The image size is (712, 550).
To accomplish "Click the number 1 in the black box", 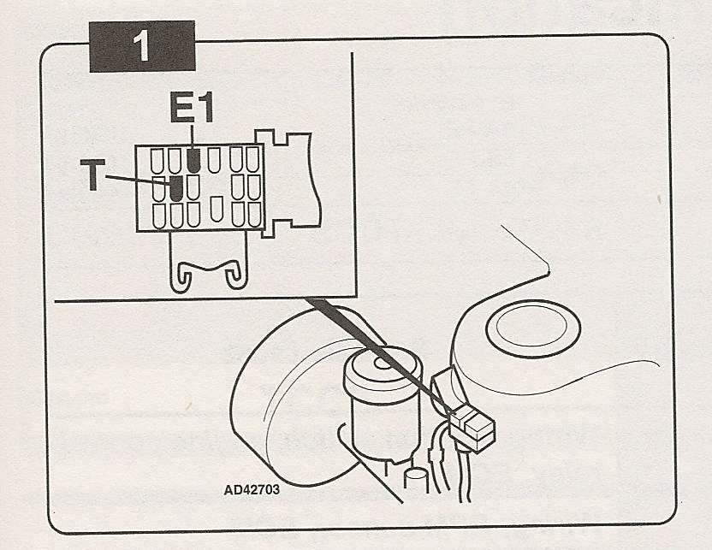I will point(142,48).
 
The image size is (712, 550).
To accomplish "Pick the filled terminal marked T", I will point(176,187).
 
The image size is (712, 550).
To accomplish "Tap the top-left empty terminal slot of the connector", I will point(157,160).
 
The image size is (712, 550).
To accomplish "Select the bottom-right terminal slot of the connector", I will point(252,214).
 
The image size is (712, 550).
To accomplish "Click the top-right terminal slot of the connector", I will point(252,159).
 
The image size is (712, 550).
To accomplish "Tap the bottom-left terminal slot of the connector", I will point(157,215).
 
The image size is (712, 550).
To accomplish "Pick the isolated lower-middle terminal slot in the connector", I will point(217,207).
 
